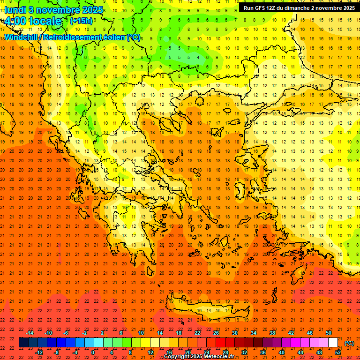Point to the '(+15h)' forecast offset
(81, 21)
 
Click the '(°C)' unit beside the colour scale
(349, 343)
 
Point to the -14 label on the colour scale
(30, 333)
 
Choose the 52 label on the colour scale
(338, 352)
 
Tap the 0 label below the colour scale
(93, 352)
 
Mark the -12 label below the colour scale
(39, 352)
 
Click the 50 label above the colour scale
(328, 333)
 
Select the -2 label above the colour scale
(84, 333)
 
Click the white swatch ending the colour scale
(333, 343)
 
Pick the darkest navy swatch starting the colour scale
(23, 343)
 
